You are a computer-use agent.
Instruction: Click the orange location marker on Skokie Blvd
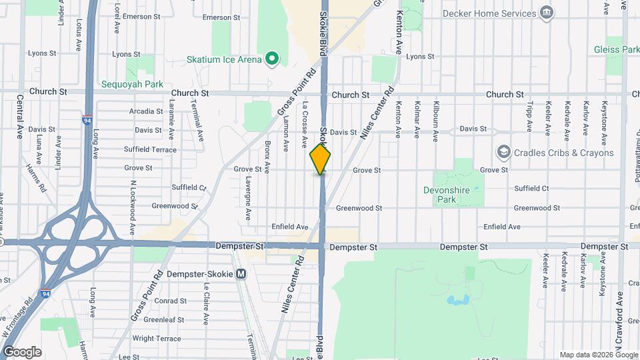click(x=321, y=159)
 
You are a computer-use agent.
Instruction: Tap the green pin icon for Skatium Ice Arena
click(x=271, y=59)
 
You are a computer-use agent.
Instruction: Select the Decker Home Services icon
click(x=547, y=13)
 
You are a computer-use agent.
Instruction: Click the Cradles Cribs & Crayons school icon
click(x=503, y=153)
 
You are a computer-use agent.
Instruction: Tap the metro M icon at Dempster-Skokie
click(x=241, y=273)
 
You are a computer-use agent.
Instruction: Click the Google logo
click(x=23, y=351)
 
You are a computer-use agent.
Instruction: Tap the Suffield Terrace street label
click(x=151, y=149)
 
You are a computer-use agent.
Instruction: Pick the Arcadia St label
click(x=147, y=111)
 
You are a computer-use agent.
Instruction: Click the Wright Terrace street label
click(x=156, y=339)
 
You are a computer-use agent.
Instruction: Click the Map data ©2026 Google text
click(x=598, y=355)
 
